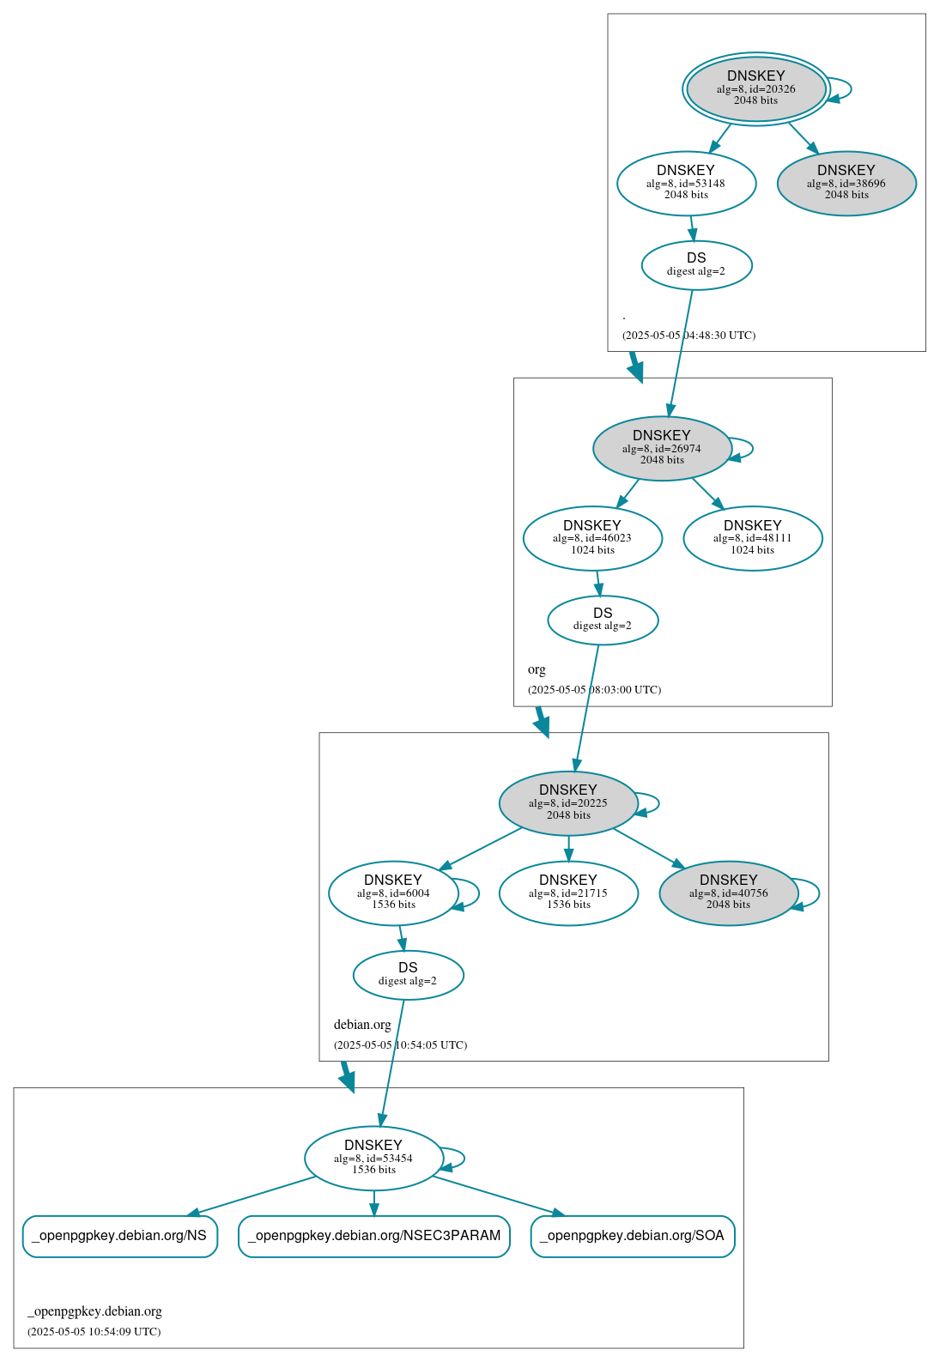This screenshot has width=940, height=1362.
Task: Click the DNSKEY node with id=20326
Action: click(755, 88)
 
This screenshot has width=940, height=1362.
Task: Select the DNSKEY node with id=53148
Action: click(686, 183)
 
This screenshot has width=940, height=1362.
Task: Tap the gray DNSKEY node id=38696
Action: click(846, 183)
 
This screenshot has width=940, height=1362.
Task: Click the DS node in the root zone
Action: click(696, 264)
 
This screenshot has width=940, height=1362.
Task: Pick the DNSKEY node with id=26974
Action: click(661, 448)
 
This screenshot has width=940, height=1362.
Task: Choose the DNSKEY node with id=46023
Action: click(592, 538)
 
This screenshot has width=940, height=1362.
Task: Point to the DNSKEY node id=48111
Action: click(753, 538)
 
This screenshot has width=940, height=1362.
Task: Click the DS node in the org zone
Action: click(603, 619)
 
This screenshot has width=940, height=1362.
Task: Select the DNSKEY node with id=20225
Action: click(567, 802)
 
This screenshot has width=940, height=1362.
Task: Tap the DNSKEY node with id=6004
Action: click(392, 893)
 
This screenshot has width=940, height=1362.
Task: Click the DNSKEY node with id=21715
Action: click(567, 893)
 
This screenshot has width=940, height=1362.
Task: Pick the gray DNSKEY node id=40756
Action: click(728, 893)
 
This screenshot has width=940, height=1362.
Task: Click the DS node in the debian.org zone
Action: click(408, 974)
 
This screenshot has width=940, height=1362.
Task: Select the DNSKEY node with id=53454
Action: click(373, 1158)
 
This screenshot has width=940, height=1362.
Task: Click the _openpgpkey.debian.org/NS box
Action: click(119, 1236)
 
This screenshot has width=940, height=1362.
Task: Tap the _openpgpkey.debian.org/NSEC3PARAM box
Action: click(373, 1236)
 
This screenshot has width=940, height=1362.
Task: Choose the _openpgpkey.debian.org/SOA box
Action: click(632, 1236)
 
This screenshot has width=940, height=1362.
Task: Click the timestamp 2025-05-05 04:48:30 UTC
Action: click(688, 336)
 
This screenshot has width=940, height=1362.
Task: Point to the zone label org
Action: click(537, 669)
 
